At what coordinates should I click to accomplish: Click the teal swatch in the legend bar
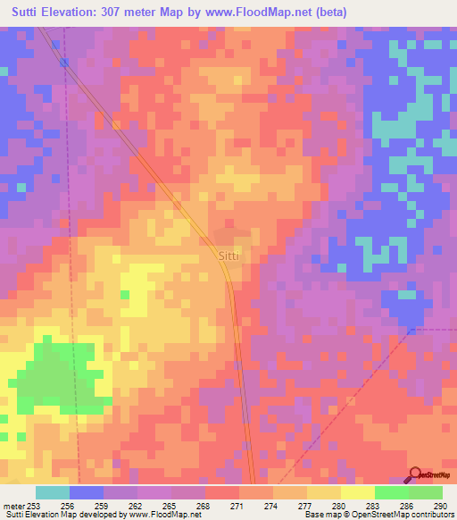pos(53,492)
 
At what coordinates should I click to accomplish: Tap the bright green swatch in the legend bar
pos(391,492)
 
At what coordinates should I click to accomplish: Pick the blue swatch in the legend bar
pos(87,492)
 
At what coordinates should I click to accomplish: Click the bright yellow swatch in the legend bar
pos(357,492)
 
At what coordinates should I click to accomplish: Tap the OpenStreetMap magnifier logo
pos(414,474)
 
